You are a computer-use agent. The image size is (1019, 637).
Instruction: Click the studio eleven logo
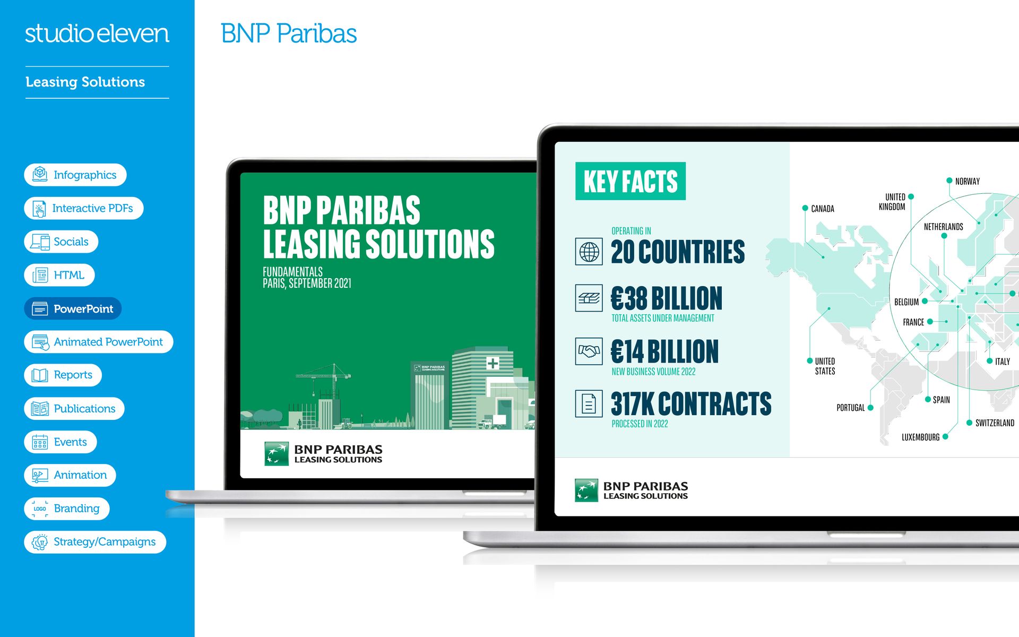(97, 33)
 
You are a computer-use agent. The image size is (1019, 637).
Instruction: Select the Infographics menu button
(75, 175)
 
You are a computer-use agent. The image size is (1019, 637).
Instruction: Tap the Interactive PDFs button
(84, 208)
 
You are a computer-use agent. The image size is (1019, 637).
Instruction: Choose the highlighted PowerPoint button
(73, 308)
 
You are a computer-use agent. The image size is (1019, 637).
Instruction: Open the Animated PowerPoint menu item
(99, 342)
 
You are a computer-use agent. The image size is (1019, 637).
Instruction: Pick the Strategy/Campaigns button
(95, 542)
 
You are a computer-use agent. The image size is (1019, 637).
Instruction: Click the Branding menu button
(67, 509)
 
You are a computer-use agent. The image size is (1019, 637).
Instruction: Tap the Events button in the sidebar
(61, 442)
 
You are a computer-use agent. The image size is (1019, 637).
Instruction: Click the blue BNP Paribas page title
(289, 33)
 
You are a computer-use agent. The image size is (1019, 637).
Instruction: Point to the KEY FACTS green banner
(631, 181)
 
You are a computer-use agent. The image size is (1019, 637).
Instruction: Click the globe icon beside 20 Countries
(589, 252)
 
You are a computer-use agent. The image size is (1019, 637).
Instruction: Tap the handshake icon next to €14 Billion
(589, 351)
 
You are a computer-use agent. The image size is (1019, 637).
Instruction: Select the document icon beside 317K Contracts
(589, 403)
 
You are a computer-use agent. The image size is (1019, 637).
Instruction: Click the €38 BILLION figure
(667, 298)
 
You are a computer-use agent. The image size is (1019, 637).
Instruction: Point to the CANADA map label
(823, 209)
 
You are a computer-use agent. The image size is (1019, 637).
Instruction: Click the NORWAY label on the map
(968, 181)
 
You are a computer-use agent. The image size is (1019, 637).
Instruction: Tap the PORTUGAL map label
(851, 408)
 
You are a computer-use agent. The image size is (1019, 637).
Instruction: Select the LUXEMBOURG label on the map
(921, 437)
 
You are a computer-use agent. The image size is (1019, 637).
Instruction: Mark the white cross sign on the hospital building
(493, 363)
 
